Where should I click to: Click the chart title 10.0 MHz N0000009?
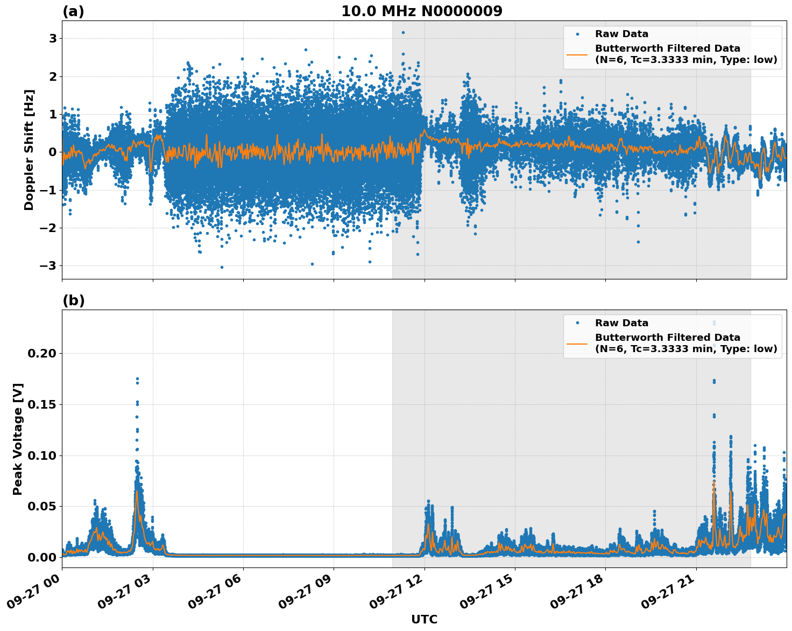[x=421, y=11]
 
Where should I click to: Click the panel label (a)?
[x=73, y=11]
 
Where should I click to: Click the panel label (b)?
[x=73, y=300]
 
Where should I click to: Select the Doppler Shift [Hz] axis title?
[x=29, y=150]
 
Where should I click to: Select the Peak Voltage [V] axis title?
[x=18, y=439]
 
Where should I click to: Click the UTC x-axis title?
[x=424, y=619]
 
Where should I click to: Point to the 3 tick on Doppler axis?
[x=53, y=38]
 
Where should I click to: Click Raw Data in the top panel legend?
[x=621, y=34]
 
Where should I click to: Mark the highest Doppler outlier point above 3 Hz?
[x=403, y=32]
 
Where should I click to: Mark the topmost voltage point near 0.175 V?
[x=137, y=379]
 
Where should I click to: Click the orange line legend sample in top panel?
[x=577, y=54]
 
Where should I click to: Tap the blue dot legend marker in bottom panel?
[x=577, y=323]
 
